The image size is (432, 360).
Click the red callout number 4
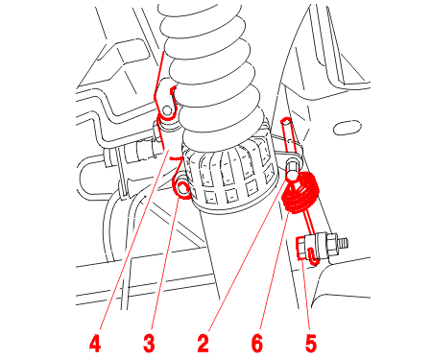coord(95,344)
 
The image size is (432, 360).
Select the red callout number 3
coord(149,344)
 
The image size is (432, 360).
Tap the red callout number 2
coord(203,344)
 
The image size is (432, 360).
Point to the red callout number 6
coord(257,344)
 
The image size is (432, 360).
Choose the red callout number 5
coord(311,344)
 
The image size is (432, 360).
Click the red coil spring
coord(300,192)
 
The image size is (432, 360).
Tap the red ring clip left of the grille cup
coord(181,190)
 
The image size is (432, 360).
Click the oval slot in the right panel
coord(348,128)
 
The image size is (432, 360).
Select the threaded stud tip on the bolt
coord(343,243)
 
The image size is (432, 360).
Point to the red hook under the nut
coord(313,256)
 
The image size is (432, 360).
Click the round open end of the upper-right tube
coord(286,121)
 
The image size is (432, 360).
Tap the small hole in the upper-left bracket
coord(166,110)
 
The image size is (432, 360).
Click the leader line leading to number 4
coord(134,240)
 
